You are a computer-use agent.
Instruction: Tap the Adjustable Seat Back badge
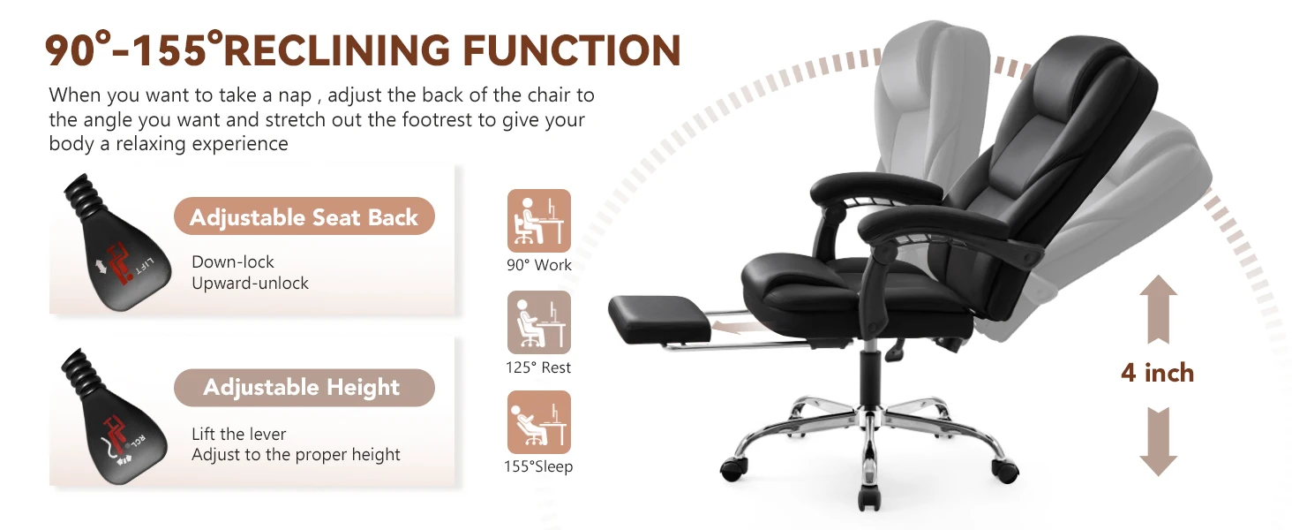(x=304, y=217)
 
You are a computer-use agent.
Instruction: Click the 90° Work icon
(x=539, y=221)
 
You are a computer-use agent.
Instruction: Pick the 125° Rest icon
(x=539, y=322)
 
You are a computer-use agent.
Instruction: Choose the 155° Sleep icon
(x=539, y=422)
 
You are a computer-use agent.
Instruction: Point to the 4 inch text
(x=1157, y=373)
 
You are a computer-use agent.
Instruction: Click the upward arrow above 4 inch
(x=1157, y=308)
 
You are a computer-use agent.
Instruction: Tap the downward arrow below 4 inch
(x=1157, y=442)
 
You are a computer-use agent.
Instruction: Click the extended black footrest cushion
(x=653, y=317)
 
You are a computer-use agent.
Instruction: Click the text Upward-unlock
(x=250, y=284)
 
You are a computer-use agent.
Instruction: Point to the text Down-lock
(x=233, y=262)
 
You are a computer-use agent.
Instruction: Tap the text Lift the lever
(x=238, y=434)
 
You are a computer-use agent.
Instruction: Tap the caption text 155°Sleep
(x=538, y=466)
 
